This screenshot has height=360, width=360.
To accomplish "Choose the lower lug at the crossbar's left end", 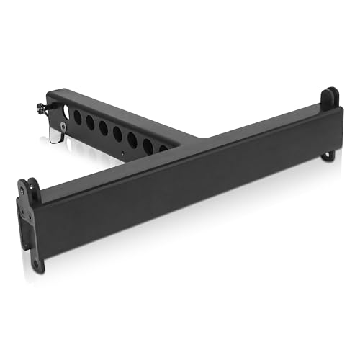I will [x=37, y=261].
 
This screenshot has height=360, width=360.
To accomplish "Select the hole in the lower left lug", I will [x=37, y=264].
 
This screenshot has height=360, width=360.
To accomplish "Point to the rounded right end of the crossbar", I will [x=336, y=126].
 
